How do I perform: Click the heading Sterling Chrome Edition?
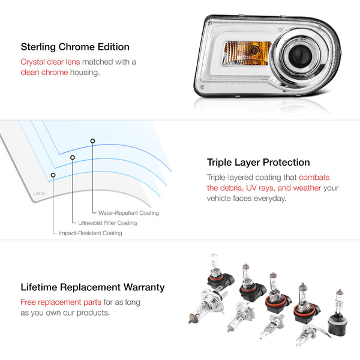click(x=75, y=47)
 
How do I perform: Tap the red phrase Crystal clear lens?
click(x=50, y=62)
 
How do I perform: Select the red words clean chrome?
click(x=44, y=73)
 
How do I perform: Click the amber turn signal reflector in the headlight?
click(x=247, y=53)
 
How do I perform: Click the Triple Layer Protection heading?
click(x=258, y=163)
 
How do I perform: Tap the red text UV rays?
click(x=260, y=188)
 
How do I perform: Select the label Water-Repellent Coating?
click(x=128, y=213)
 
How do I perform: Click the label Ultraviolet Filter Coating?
click(x=107, y=223)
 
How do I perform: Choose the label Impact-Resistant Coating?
click(x=91, y=233)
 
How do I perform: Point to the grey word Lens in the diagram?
click(x=39, y=193)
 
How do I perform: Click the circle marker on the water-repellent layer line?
click(x=92, y=141)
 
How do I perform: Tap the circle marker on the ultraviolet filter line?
click(x=73, y=157)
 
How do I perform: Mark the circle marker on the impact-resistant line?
click(x=53, y=175)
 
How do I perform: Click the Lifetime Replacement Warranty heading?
click(x=92, y=287)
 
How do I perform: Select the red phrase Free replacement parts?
click(x=61, y=302)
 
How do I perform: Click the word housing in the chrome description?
click(x=85, y=73)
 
